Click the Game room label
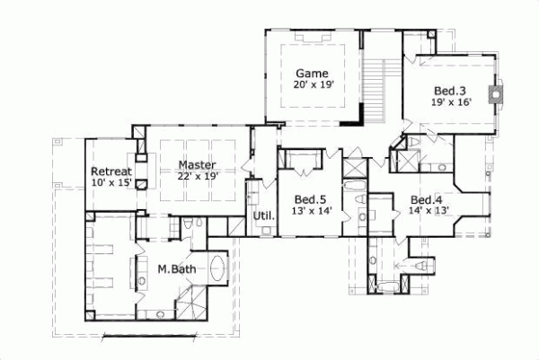tap(312, 74)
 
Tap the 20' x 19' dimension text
tap(312, 85)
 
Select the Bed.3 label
tap(450, 92)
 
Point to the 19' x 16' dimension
tap(450, 103)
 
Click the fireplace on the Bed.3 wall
tap(495, 93)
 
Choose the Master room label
tap(195, 165)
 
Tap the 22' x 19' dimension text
tap(195, 177)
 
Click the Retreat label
tap(111, 171)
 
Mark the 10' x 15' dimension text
tap(111, 183)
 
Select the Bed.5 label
tap(310, 199)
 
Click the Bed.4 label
tap(428, 199)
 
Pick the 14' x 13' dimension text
tap(428, 211)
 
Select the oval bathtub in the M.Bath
tap(218, 268)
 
